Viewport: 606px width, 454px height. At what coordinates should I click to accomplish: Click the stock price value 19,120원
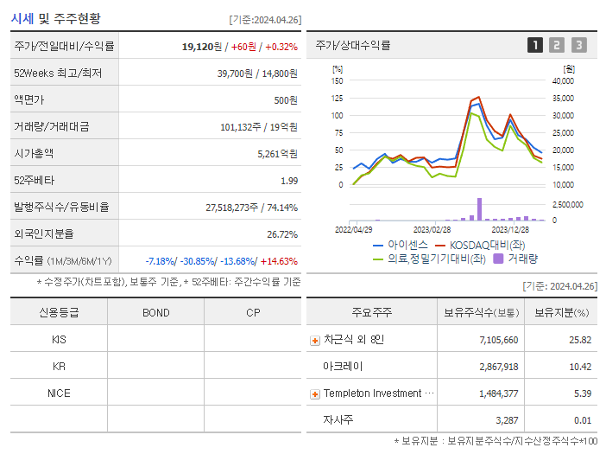tap(202, 47)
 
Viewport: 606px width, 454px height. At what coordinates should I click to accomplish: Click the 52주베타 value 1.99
tap(288, 180)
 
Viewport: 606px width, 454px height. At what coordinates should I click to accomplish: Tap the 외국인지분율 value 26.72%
tap(282, 233)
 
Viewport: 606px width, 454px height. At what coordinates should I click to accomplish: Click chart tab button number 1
tap(535, 45)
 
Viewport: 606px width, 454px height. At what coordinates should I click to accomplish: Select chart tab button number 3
tap(578, 45)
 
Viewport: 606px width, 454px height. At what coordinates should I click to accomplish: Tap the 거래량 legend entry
tap(522, 258)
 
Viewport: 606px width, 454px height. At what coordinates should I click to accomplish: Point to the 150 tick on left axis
tap(337, 80)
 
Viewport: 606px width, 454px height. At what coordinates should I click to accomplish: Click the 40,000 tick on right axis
tap(562, 80)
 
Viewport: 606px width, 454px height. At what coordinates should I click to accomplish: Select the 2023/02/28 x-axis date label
tap(432, 230)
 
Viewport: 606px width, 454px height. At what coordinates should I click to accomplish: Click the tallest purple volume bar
tap(479, 208)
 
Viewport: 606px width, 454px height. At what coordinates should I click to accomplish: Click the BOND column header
tap(155, 312)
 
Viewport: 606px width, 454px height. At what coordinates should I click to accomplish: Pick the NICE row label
tap(59, 393)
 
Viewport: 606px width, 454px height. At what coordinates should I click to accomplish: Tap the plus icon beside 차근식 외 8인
tap(315, 340)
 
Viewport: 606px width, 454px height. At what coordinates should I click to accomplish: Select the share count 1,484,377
tap(497, 393)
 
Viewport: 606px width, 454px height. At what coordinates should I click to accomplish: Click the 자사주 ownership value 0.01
tap(582, 420)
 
